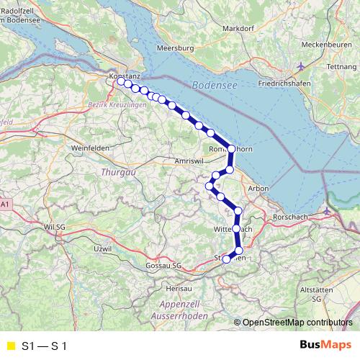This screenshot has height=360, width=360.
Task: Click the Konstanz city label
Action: coord(124,75)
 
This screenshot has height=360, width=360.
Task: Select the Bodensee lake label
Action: coord(215,86)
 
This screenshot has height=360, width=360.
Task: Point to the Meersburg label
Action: coord(176,48)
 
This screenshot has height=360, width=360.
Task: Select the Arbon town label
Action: coord(257,188)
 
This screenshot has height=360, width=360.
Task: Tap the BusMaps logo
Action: coord(325,346)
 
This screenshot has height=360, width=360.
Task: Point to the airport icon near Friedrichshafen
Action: coord(300,67)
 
